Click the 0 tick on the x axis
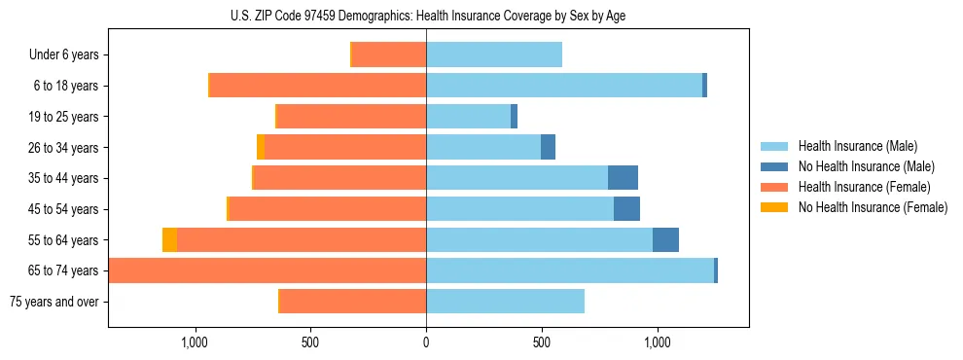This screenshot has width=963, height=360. pos(426,342)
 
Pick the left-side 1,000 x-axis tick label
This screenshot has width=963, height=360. pos(195,342)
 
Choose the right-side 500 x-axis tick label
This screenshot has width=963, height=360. pos(542,342)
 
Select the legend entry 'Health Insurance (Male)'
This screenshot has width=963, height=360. pos(857,146)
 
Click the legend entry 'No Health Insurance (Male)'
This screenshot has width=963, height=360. pos(866,166)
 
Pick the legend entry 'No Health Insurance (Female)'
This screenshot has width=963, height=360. pos(873,207)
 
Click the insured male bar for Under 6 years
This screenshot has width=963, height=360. pos(494,55)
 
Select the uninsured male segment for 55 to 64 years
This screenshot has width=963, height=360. pos(665,240)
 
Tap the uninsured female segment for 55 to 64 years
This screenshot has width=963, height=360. pos(169,240)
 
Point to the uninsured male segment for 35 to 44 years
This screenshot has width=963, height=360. pos(623,178)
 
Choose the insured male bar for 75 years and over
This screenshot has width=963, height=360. pos(505,302)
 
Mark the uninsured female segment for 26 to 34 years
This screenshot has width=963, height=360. pos(261,147)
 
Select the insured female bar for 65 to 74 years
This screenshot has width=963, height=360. pos(267,270)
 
